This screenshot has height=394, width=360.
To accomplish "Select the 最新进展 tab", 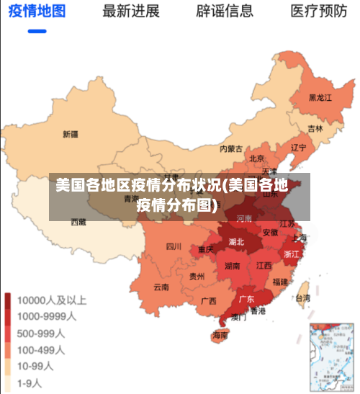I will (131, 11).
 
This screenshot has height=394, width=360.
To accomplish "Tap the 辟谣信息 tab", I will (225, 11).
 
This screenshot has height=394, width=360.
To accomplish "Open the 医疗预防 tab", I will (318, 11).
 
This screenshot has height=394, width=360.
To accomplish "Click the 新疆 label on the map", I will (71, 134).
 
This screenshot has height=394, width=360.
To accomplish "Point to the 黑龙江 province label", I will (320, 97).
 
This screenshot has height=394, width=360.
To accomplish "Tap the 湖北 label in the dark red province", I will (236, 242).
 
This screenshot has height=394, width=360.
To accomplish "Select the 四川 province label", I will (174, 246).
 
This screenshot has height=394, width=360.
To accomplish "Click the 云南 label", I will (161, 287).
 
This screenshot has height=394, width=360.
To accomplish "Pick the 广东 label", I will (246, 298).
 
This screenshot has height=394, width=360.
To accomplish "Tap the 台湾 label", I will (303, 297).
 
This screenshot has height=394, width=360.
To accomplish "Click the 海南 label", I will (220, 335).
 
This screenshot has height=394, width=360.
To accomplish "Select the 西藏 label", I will (78, 223).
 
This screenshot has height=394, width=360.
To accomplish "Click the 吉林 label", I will (315, 129).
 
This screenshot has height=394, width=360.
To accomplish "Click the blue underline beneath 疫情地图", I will (37, 31).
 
